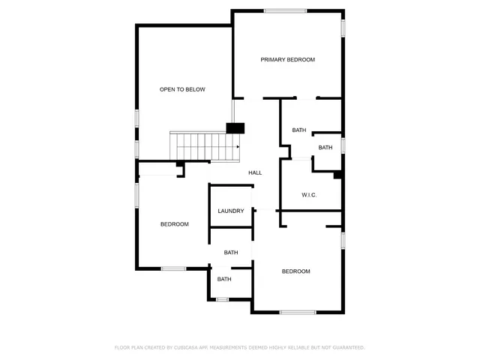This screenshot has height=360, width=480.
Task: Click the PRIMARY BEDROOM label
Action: (287, 59)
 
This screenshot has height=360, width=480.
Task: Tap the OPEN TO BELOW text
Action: (182, 89)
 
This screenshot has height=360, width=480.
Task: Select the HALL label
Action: (255, 173)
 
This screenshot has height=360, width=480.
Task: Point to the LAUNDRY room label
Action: (231, 211)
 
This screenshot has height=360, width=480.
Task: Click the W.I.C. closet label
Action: (309, 195)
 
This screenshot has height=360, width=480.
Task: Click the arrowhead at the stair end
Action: (238, 146)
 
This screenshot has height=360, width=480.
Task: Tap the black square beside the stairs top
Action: (235, 128)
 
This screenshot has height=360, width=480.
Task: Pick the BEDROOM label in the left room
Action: (174, 224)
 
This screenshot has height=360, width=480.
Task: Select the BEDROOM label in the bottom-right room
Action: (295, 271)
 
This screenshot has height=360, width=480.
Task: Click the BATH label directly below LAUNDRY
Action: (231, 253)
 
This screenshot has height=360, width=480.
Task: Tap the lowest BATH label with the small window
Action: (224, 280)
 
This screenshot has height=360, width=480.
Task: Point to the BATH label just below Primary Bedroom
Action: (299, 130)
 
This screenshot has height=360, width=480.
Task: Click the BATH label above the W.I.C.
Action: (325, 147)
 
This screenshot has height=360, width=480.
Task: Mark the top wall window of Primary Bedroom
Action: (285, 10)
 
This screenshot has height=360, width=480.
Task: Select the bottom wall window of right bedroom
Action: (298, 312)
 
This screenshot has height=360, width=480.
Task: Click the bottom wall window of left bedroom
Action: (174, 268)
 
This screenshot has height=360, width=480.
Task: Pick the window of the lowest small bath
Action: (222, 299)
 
